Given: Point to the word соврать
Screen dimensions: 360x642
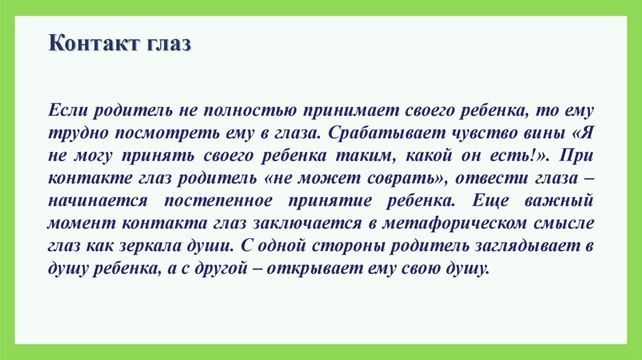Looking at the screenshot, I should pyautogui.click(x=397, y=179).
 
